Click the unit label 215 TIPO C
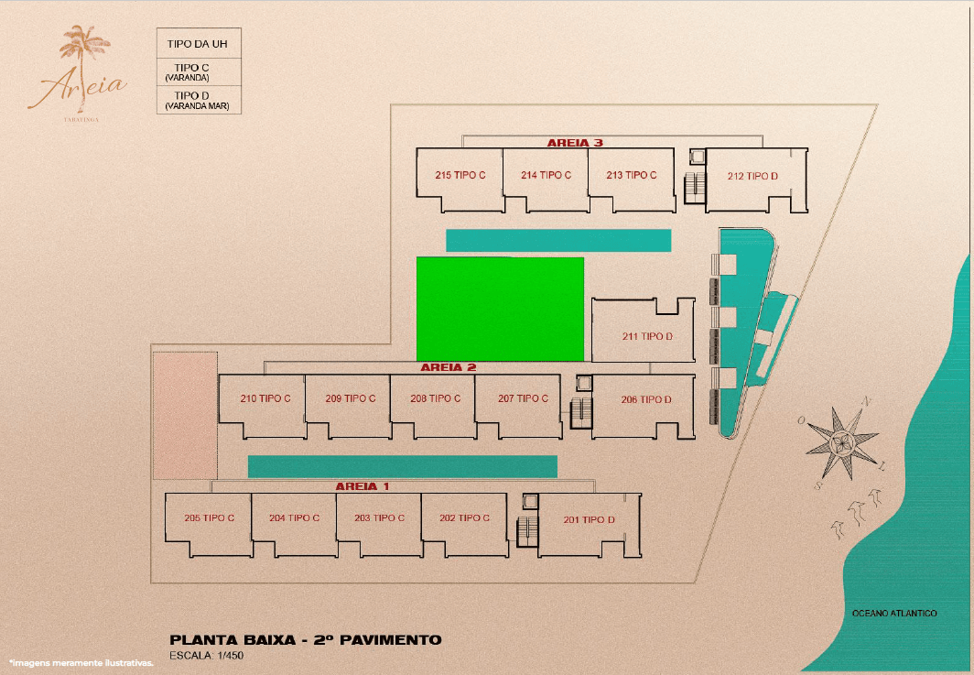pyautogui.click(x=460, y=175)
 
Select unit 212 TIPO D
pyautogui.click(x=752, y=176)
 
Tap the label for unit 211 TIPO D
pyautogui.click(x=647, y=336)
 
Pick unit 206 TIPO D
pyautogui.click(x=646, y=399)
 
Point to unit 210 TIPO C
pyautogui.click(x=265, y=398)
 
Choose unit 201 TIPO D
pyautogui.click(x=589, y=519)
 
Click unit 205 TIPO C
pyautogui.click(x=210, y=517)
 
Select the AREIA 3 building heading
pyautogui.click(x=575, y=143)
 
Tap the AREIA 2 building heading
pyautogui.click(x=448, y=367)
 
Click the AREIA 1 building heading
pyautogui.click(x=363, y=486)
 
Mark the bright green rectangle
pyautogui.click(x=500, y=309)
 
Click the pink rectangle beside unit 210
pyautogui.click(x=185, y=416)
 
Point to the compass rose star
pyautogui.click(x=843, y=442)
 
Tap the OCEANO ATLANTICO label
pyautogui.click(x=894, y=613)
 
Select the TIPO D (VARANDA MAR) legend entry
pyautogui.click(x=198, y=100)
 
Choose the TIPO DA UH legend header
pyautogui.click(x=198, y=44)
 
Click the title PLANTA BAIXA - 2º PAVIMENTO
pyautogui.click(x=306, y=639)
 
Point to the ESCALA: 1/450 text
pyautogui.click(x=206, y=655)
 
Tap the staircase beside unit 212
pyautogui.click(x=695, y=187)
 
